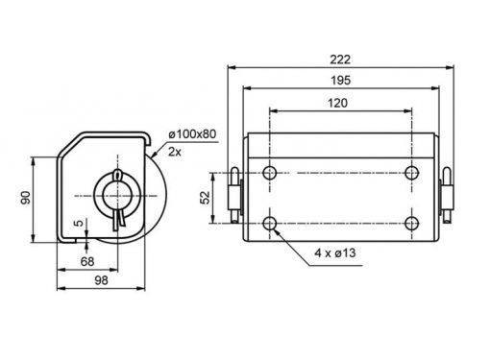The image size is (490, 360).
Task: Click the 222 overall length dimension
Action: point(340,60)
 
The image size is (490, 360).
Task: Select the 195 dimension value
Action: point(341,80)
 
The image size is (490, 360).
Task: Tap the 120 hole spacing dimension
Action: point(337,103)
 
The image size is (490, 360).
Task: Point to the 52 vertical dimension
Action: point(205,198)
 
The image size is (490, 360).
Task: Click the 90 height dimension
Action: point(25,198)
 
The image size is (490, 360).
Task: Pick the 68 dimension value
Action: point(87,262)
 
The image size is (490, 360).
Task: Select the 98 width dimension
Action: point(101,280)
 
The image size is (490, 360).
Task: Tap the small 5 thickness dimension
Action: point(79,223)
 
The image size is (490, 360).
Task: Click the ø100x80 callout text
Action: point(192,134)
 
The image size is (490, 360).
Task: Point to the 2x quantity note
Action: point(175,152)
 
